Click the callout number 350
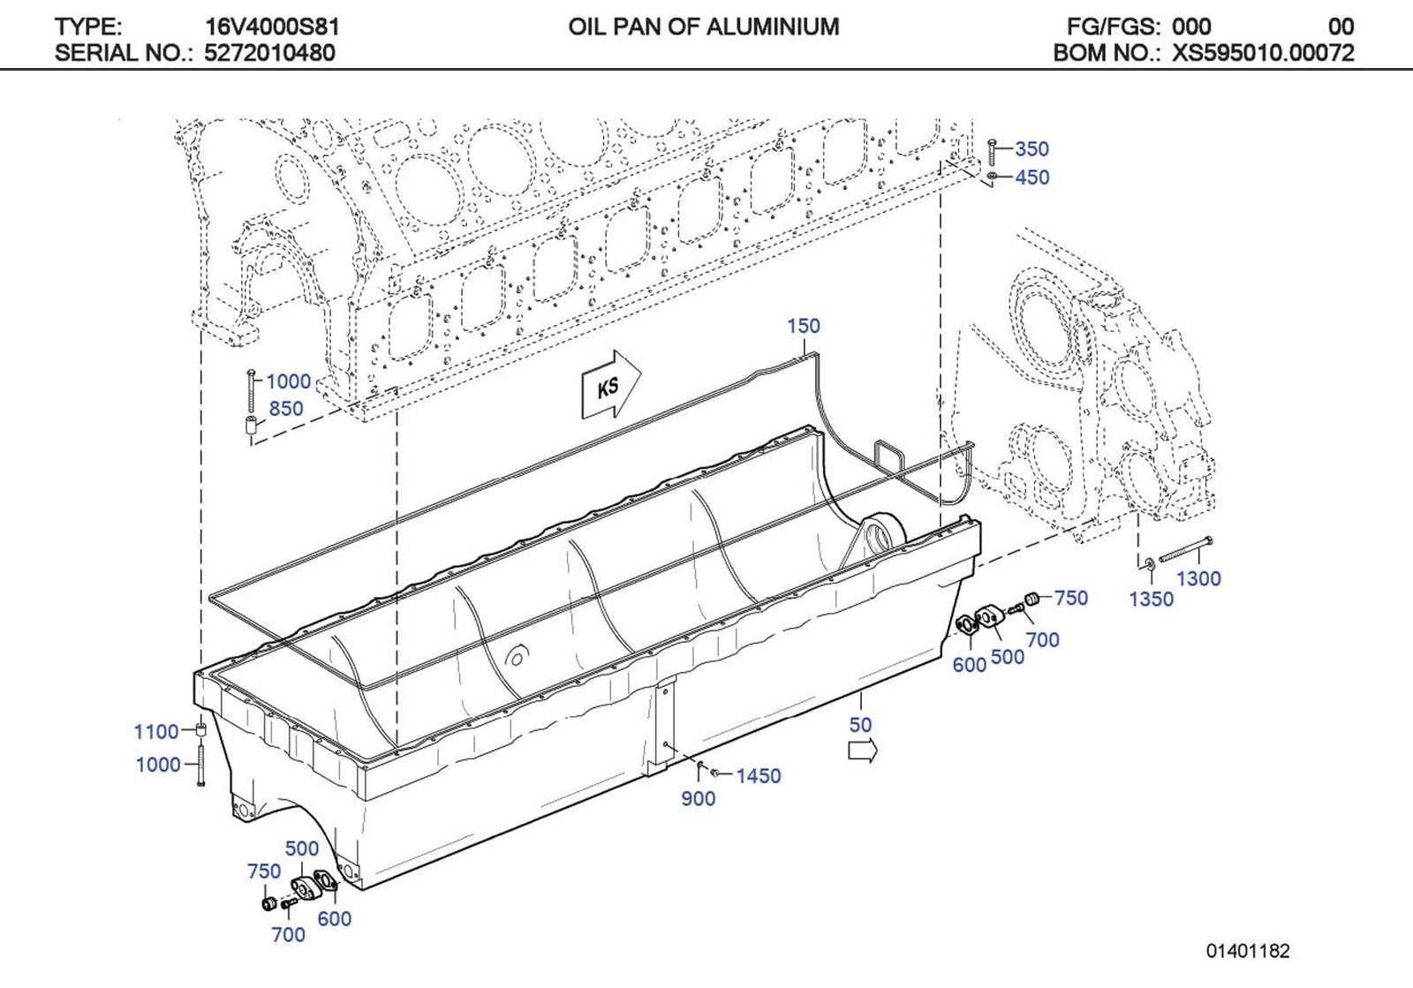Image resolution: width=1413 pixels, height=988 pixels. (1031, 149)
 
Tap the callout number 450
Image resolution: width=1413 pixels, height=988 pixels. (1031, 177)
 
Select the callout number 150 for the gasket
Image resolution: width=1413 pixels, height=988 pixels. (804, 326)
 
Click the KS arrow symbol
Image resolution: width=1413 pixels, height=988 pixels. (610, 386)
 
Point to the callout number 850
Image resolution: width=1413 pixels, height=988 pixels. (286, 409)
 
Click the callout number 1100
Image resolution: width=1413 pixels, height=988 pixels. (156, 732)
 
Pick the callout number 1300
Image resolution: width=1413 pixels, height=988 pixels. (1198, 579)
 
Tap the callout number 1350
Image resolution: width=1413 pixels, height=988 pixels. (1151, 600)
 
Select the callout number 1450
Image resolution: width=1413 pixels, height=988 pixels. (759, 776)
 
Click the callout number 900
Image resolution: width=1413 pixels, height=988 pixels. (698, 799)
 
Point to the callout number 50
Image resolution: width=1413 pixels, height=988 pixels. (860, 725)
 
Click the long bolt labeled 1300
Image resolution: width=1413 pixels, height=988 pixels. (1184, 550)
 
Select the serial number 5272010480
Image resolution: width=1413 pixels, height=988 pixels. (269, 53)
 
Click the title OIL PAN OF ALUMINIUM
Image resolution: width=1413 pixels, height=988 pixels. (704, 26)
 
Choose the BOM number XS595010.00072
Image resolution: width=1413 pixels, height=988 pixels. (1263, 53)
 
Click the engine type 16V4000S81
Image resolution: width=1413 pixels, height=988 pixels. (272, 26)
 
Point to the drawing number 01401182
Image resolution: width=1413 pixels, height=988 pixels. (1248, 952)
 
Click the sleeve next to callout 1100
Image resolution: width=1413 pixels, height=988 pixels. (201, 730)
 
